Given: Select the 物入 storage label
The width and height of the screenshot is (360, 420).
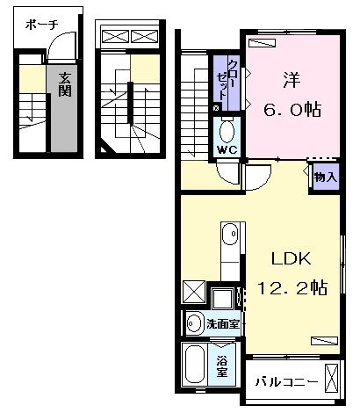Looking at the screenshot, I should (325, 177).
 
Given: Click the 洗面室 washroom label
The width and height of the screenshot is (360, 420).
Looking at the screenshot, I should (224, 324).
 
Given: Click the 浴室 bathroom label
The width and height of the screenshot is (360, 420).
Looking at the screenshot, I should (224, 362).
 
